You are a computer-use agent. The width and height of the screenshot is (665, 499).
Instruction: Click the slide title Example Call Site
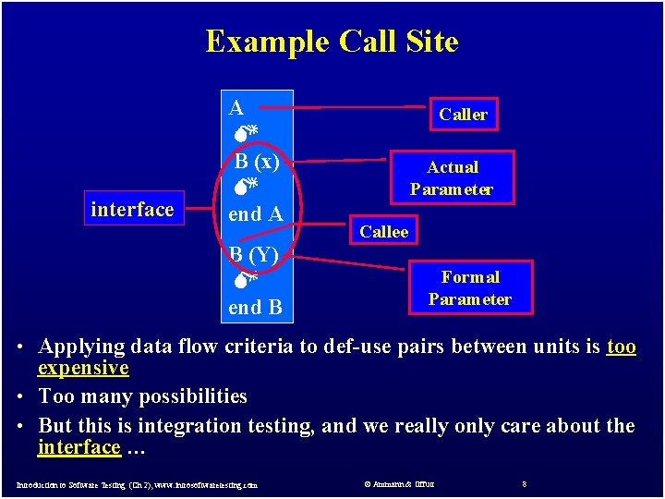click(332, 42)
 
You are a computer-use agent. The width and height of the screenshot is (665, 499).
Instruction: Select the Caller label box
click(463, 115)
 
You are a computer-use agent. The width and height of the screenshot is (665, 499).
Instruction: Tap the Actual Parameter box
click(452, 178)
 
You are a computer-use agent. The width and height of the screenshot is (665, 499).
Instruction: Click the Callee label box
click(383, 232)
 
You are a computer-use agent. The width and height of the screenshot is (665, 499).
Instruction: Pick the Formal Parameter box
click(469, 288)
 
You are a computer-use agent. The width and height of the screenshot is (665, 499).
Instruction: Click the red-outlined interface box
click(132, 210)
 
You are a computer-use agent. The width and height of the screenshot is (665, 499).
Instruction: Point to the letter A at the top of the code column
click(236, 107)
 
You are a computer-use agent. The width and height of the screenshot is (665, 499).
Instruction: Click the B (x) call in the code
click(257, 162)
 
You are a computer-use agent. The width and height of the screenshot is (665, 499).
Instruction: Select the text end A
click(256, 214)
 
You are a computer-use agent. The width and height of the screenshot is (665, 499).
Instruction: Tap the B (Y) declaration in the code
click(255, 253)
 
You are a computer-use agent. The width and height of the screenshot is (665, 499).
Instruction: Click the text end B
click(256, 308)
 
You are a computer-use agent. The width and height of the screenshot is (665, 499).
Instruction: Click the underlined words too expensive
click(83, 368)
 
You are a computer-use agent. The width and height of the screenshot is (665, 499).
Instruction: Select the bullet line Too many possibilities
click(142, 396)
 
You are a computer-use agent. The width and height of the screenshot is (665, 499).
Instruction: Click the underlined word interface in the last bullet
click(79, 447)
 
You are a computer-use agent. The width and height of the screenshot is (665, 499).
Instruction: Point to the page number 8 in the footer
click(524, 483)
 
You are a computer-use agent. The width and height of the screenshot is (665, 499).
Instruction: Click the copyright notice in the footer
click(399, 483)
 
